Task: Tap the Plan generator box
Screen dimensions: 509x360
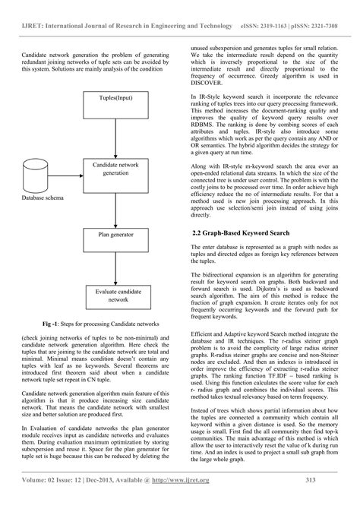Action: [x=114, y=236]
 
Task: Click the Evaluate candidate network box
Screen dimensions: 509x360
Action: [x=114, y=296]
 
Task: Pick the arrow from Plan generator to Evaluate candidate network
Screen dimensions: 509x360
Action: [x=114, y=266]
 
